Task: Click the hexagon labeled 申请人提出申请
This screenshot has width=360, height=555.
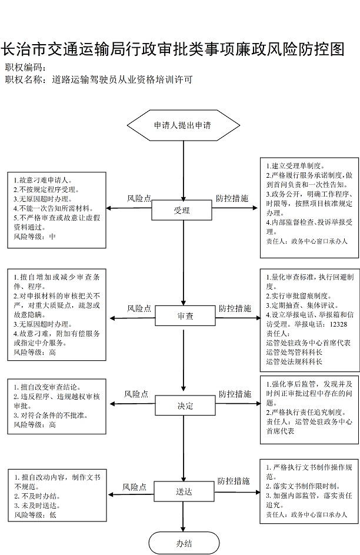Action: [184, 125]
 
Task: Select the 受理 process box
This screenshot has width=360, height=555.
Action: [182, 211]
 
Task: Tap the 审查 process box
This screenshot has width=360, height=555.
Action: [185, 315]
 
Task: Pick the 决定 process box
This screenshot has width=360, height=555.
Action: [185, 406]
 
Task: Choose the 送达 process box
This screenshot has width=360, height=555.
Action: [184, 491]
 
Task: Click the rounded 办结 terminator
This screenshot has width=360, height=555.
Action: [184, 543]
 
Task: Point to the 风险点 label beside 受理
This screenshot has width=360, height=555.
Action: [139, 198]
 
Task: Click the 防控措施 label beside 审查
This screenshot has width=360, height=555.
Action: [235, 308]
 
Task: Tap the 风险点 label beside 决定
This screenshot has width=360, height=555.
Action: [136, 394]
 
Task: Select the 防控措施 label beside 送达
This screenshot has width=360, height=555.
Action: [234, 481]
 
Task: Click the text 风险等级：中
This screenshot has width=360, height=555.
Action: [35, 237]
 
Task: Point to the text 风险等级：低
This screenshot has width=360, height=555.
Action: [35, 515]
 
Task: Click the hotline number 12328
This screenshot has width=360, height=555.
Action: [338, 324]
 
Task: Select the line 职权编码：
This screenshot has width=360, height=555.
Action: [26, 67]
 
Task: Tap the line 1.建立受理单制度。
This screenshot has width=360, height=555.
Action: [295, 165]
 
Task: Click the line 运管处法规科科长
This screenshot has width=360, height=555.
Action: [294, 362]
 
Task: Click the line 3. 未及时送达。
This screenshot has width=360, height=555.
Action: [37, 506]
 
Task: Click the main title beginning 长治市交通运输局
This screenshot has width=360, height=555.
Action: [172, 49]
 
